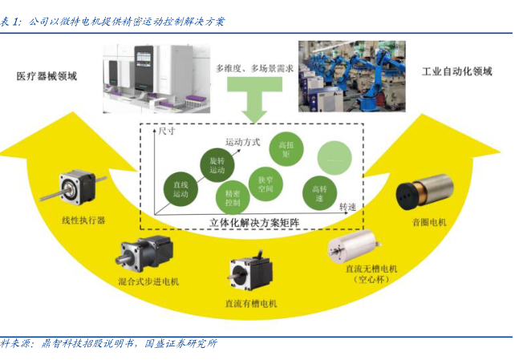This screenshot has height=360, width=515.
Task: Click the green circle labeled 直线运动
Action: tap(180, 189)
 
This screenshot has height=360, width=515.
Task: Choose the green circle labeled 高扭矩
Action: tap(285, 150)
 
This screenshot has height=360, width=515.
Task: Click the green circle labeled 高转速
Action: tap(318, 193)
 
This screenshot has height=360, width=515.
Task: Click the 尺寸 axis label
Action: tap(166, 129)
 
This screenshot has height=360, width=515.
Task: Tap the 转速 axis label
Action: tap(347, 207)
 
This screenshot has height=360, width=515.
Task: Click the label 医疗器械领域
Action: tap(47, 76)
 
